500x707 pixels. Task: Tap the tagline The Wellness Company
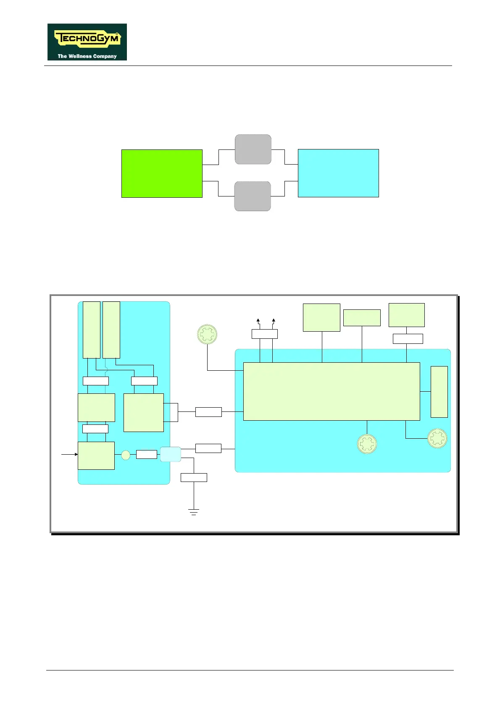pos(87,56)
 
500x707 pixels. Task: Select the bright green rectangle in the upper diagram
pos(162,173)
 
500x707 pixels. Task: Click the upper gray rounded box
pos(253,149)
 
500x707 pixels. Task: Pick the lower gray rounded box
pos(253,196)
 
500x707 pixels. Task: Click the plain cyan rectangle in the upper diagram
pos(338,173)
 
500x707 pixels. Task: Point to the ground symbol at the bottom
pos(194,512)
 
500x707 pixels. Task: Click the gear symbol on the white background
pos(207,335)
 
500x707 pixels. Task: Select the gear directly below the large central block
pos(367,444)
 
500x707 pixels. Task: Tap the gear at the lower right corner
pos(437,438)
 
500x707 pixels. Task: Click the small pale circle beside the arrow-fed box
pos(126,455)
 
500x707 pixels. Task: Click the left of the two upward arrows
pos(258,322)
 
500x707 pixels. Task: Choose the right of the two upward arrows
pos(274,322)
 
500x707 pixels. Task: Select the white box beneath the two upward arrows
pos(265,334)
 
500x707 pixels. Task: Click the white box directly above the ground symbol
pos(194,477)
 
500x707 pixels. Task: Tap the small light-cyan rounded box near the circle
pos(171,454)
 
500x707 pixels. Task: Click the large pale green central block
pos(332,391)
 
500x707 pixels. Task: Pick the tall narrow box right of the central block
pos(439,392)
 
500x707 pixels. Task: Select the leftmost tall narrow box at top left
pos(92,330)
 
